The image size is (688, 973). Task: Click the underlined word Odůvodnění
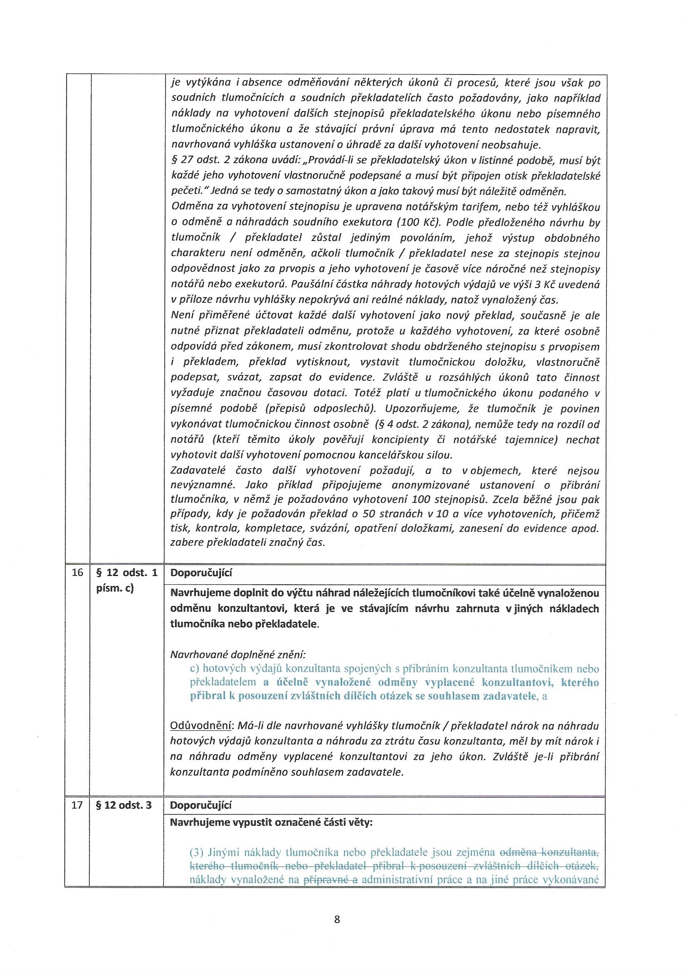click(201, 726)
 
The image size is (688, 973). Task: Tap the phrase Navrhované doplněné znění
click(237, 654)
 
